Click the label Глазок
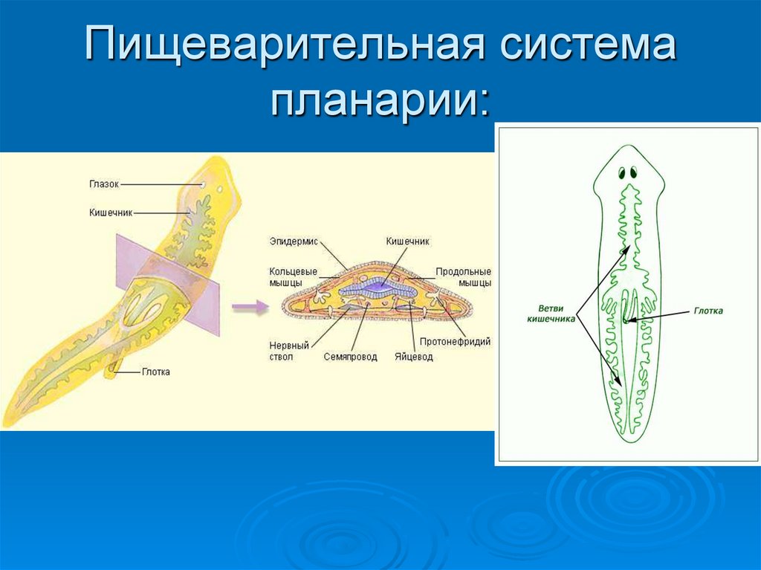(103, 184)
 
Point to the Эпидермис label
(292, 241)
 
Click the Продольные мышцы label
(463, 277)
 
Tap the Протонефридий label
(455, 342)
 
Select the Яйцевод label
(413, 357)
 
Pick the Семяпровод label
(350, 357)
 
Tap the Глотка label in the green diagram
(708, 311)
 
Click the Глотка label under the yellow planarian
(156, 372)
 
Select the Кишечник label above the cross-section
(407, 241)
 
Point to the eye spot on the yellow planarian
(203, 184)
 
